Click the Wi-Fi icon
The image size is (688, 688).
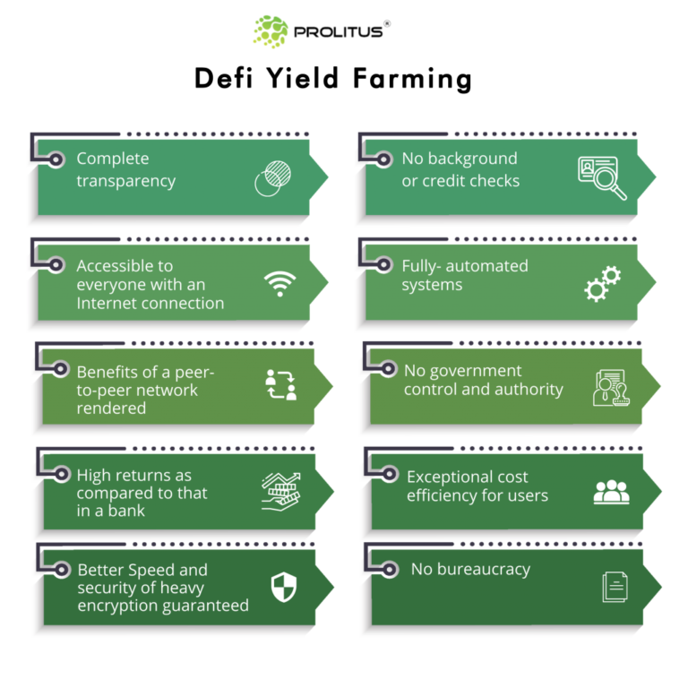pyautogui.click(x=279, y=284)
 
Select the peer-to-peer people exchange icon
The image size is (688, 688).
pyautogui.click(x=280, y=384)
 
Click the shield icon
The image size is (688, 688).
pyautogui.click(x=283, y=588)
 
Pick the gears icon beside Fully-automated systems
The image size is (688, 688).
pyautogui.click(x=602, y=283)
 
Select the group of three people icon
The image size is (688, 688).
pyautogui.click(x=611, y=492)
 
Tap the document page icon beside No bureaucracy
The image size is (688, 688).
pyautogui.click(x=615, y=587)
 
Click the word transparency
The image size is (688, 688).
pyautogui.click(x=125, y=181)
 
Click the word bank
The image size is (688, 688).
pyautogui.click(x=125, y=511)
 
